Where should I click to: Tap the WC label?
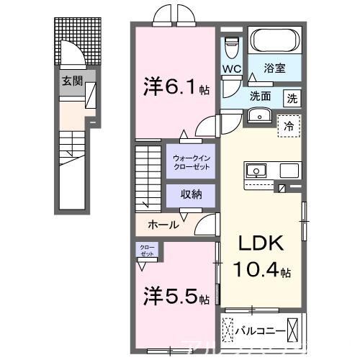tap(231, 69)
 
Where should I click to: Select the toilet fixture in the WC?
tap(232, 48)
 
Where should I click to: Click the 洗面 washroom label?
tap(260, 96)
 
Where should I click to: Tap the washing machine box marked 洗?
tap(292, 97)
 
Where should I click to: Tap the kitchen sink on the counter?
tap(256, 171)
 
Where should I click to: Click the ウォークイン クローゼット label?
tap(190, 161)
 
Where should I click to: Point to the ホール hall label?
tap(163, 224)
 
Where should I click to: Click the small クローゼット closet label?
tap(147, 251)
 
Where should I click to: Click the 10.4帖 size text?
tap(261, 271)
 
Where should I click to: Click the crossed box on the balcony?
tap(296, 330)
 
